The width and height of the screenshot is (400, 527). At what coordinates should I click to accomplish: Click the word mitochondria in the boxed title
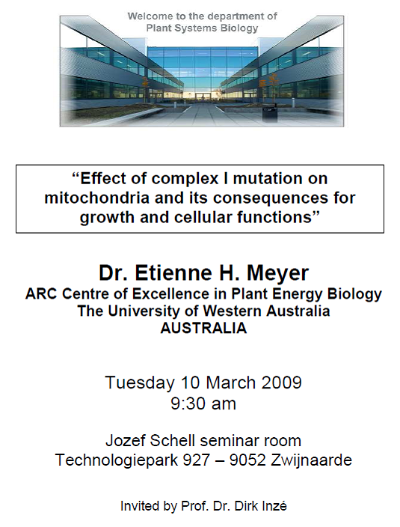96,198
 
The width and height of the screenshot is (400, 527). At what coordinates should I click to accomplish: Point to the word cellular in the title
203,217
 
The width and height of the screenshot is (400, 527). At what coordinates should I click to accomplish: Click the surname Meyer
278,273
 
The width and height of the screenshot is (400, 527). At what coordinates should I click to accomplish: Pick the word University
144,311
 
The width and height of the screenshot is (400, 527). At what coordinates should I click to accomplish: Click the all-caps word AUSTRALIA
203,328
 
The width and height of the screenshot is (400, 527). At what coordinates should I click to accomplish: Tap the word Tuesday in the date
140,383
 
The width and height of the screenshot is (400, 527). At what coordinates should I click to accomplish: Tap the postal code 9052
247,460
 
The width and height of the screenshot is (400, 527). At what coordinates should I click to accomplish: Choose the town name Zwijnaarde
311,460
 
